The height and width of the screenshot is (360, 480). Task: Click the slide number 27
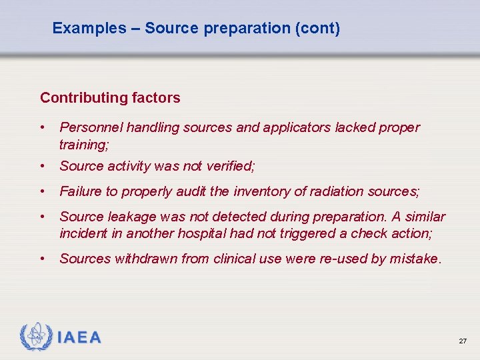pyautogui.click(x=463, y=341)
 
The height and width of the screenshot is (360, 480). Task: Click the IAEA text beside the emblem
pyautogui.click(x=79, y=337)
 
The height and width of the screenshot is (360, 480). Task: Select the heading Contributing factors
pyautogui.click(x=110, y=98)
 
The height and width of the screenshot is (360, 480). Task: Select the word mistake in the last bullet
pyautogui.click(x=414, y=259)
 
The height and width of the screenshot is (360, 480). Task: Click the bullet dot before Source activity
pyautogui.click(x=43, y=166)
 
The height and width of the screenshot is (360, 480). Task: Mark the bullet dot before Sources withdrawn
pyautogui.click(x=43, y=259)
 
